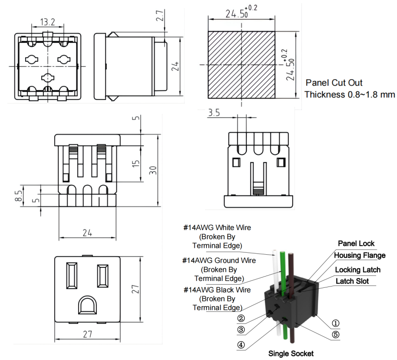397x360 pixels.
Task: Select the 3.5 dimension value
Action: pos(215,113)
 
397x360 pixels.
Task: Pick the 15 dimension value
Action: pos(136,164)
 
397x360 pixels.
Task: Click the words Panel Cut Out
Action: pos(334,83)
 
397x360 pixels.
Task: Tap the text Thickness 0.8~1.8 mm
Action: pos(350,94)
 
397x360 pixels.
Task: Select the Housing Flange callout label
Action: pos(359,255)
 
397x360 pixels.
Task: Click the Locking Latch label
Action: pos(357,270)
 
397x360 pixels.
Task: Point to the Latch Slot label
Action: pos(352,281)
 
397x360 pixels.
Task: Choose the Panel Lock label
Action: pos(356,243)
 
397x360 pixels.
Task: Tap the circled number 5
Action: pos(335,335)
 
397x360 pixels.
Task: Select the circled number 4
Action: pos(241,346)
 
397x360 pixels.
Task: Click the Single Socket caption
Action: pos(291,353)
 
